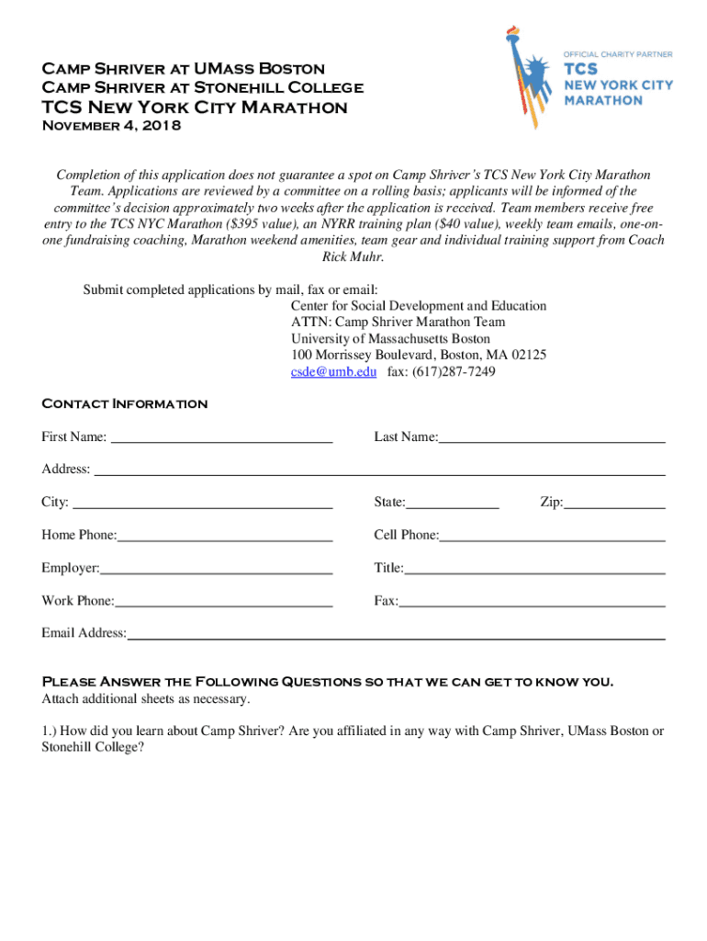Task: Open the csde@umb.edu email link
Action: pos(333,371)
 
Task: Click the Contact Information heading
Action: pos(125,403)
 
